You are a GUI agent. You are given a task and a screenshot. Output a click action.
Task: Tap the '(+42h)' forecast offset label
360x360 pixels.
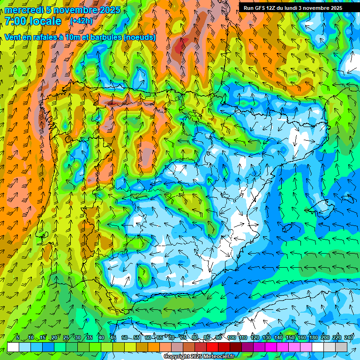pyautogui.click(x=81, y=21)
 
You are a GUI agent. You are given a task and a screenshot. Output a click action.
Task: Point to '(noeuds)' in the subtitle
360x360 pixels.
pyautogui.click(x=140, y=37)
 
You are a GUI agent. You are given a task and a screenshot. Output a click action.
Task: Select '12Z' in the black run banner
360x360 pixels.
pyautogui.click(x=275, y=8)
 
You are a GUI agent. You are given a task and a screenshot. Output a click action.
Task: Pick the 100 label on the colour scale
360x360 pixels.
pyautogui.click(x=231, y=337)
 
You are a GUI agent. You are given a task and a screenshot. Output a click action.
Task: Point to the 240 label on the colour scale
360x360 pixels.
pyautogui.click(x=349, y=337)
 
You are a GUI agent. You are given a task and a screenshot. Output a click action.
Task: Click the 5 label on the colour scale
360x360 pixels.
pyautogui.click(x=18, y=337)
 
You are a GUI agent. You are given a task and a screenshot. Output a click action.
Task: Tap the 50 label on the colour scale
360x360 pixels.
pyautogui.click(x=124, y=337)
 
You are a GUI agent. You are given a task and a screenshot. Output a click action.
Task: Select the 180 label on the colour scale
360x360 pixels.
pyautogui.click(x=314, y=337)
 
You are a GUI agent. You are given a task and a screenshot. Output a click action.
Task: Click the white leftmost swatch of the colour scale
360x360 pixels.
pyautogui.click(x=13, y=347)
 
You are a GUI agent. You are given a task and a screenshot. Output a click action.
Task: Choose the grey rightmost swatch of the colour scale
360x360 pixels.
pyautogui.click(x=341, y=347)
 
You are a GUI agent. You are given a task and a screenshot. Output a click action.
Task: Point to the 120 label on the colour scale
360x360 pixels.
pyautogui.click(x=255, y=337)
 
